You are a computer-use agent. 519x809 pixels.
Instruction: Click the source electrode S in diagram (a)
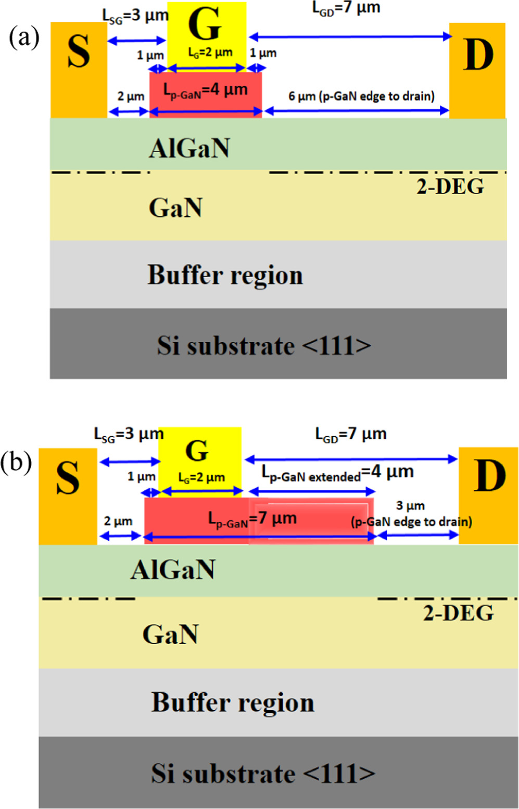[79, 70]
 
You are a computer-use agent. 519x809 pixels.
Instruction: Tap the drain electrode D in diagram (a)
[477, 70]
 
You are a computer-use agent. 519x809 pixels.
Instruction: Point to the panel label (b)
[16, 462]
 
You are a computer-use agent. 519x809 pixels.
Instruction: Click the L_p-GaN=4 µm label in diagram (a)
[206, 90]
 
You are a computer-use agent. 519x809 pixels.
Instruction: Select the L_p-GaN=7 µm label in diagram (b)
[252, 519]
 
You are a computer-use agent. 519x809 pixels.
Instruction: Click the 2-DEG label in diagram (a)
[450, 187]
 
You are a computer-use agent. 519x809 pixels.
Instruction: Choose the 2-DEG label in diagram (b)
[458, 614]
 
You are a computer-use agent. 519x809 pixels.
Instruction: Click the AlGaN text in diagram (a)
[189, 149]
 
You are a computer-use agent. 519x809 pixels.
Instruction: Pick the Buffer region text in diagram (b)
[233, 702]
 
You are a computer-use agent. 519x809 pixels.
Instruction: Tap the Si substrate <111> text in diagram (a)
[264, 346]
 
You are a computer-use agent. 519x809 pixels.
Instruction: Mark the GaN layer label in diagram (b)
[171, 635]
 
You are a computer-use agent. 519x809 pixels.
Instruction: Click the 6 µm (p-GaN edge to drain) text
[361, 96]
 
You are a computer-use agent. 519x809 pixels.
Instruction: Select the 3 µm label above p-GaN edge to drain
[410, 506]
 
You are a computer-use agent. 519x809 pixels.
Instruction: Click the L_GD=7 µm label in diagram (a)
[346, 8]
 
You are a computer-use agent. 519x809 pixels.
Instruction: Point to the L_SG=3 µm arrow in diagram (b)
[130, 461]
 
